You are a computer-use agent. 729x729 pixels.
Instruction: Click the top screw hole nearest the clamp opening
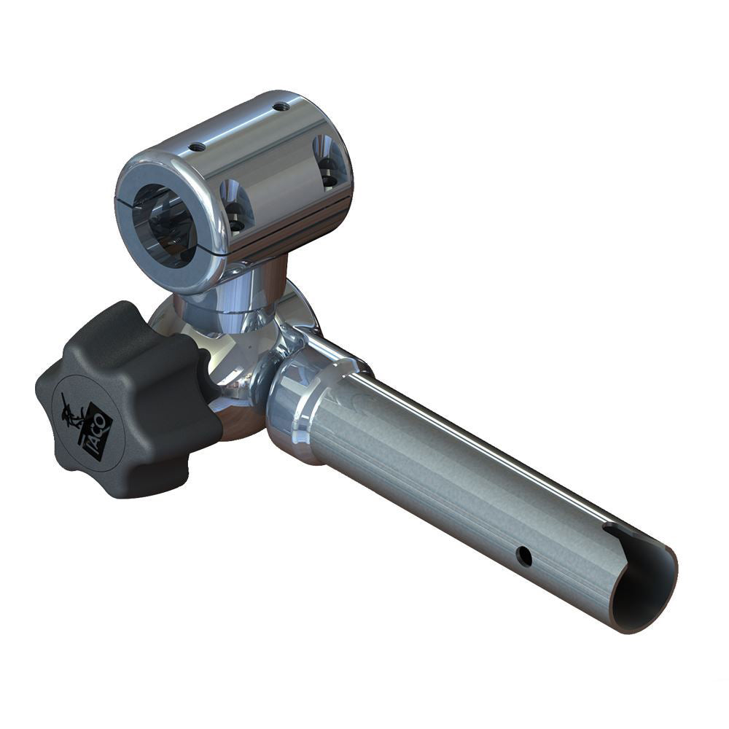click(197, 147)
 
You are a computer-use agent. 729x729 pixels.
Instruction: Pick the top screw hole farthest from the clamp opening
click(281, 106)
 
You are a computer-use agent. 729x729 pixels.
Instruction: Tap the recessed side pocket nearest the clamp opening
click(235, 206)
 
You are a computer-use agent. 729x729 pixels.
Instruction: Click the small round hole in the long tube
click(523, 556)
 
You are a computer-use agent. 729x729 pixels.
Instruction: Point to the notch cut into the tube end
click(623, 536)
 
